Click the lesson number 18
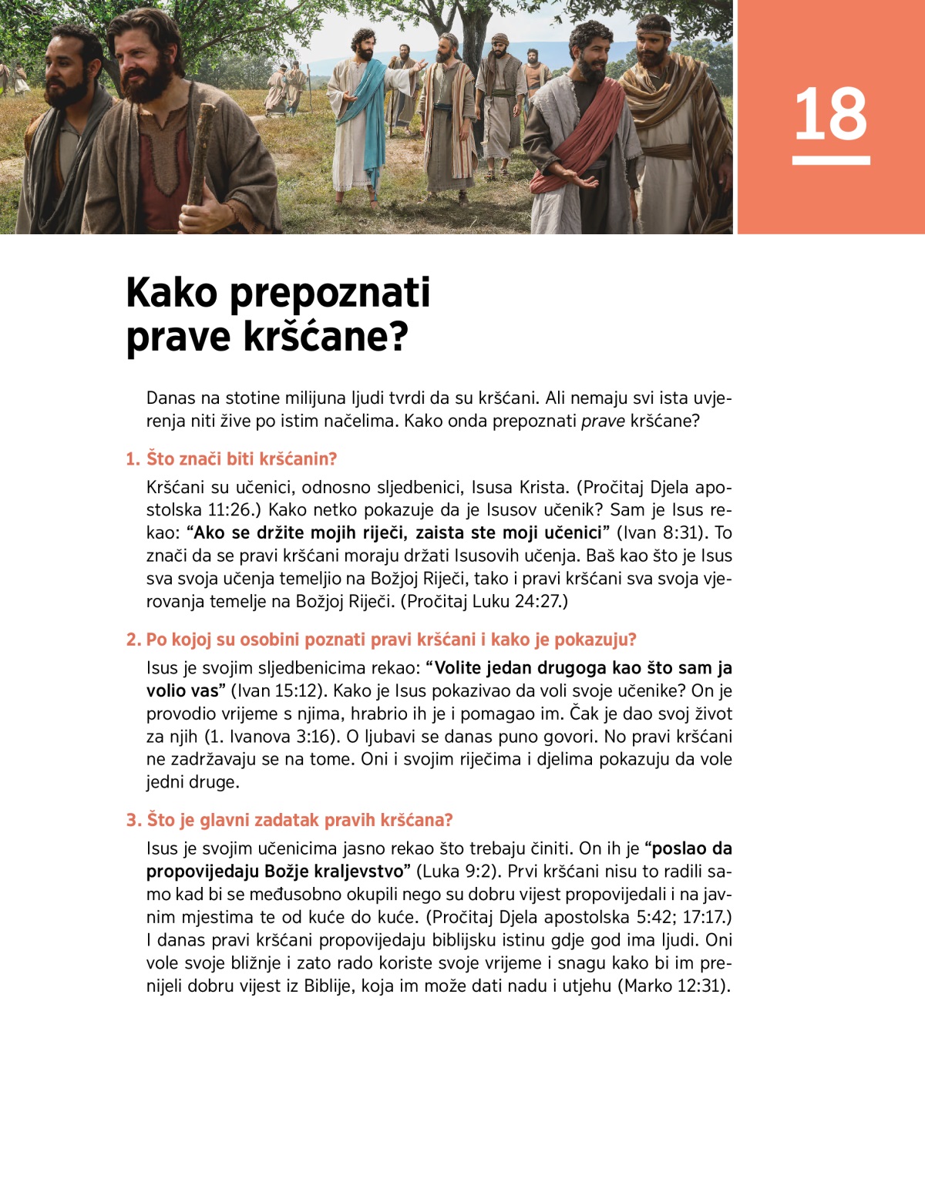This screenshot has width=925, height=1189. coord(830,114)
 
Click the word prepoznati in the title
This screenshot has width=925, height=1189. coord(330,293)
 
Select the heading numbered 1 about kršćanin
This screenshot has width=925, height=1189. coord(231,459)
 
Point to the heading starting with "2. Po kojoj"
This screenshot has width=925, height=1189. coord(382,640)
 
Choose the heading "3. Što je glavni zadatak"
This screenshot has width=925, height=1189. coord(290,820)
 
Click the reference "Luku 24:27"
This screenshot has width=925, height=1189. coord(516,601)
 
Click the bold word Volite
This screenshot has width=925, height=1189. coord(462,668)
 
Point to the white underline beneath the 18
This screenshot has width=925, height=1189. coord(831,160)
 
